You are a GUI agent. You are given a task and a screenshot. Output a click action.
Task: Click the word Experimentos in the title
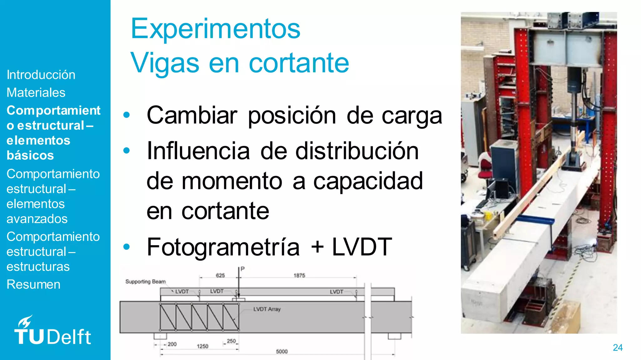[215, 29]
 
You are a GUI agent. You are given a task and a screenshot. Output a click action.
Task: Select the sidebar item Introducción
[41, 75]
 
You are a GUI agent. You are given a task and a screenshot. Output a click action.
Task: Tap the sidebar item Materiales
[36, 93]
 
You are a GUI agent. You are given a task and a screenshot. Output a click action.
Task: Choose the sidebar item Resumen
[33, 284]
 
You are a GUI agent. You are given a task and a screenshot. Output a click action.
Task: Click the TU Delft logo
[52, 332]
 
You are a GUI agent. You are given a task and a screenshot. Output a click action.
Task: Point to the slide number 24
[618, 347]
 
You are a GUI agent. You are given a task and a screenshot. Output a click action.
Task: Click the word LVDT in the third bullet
[362, 247]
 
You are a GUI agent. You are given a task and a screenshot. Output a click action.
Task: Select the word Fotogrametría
[223, 247]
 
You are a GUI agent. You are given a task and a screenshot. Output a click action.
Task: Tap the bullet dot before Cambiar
[126, 115]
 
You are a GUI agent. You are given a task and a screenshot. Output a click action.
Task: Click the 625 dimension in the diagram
[220, 275]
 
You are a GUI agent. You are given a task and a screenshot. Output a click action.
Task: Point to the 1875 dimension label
[299, 275]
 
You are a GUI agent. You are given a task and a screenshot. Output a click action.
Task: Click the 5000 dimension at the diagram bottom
[282, 352]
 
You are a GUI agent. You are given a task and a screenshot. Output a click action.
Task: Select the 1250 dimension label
[203, 346]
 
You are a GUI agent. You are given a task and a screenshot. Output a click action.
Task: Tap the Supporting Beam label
[146, 281]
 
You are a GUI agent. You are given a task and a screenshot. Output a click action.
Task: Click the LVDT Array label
[267, 309]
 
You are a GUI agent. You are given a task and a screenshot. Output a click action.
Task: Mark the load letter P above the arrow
[243, 269]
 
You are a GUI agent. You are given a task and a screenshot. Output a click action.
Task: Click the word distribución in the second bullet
[357, 151]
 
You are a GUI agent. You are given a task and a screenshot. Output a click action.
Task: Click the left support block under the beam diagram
[160, 336]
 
